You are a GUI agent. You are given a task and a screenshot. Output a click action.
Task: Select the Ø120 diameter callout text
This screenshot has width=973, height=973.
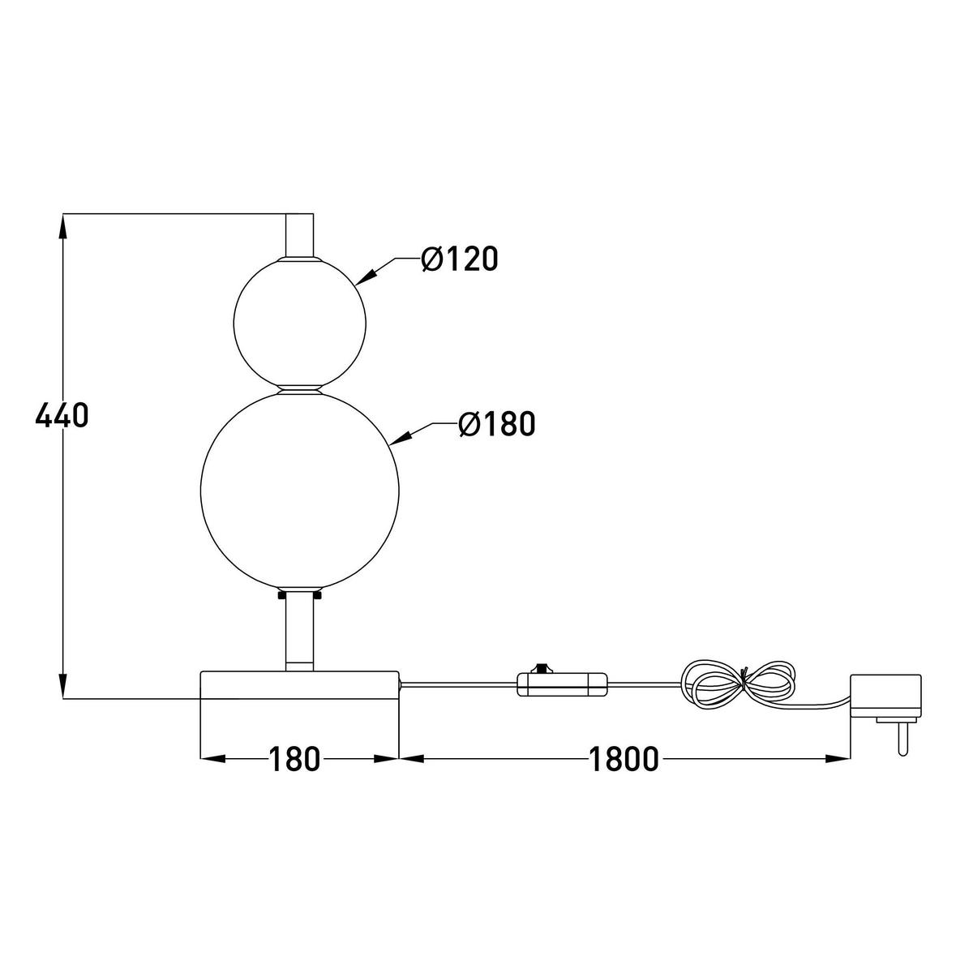click(459, 259)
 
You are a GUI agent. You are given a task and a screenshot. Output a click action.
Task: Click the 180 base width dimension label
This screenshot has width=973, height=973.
click(295, 760)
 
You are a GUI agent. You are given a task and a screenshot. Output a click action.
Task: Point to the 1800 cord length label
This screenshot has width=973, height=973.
click(623, 760)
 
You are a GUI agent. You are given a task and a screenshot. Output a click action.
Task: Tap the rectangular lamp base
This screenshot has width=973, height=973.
click(299, 684)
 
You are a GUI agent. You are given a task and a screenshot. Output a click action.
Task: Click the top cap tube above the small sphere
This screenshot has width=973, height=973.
click(299, 234)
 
